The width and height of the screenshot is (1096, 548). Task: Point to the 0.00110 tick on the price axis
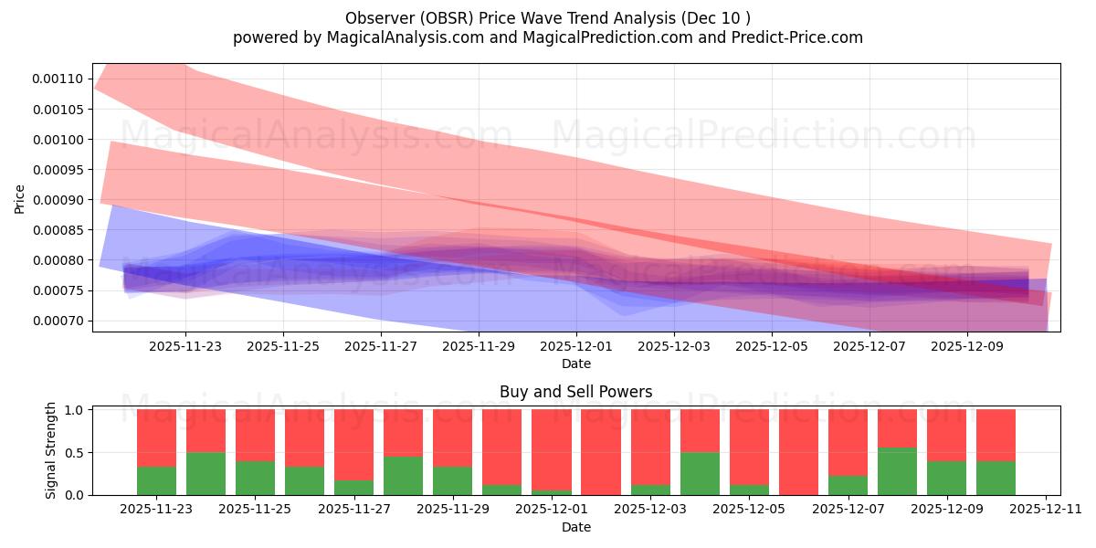click(x=58, y=79)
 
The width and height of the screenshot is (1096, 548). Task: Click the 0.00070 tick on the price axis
click(x=58, y=321)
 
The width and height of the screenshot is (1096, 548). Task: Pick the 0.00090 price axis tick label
click(x=58, y=200)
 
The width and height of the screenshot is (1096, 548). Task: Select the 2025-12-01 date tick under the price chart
click(x=576, y=346)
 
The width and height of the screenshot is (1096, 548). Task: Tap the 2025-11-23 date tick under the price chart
click(x=185, y=346)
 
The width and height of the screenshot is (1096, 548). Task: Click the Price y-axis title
click(x=19, y=198)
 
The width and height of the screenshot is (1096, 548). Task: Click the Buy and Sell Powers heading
click(x=575, y=392)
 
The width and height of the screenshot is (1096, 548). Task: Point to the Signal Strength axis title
click(x=51, y=450)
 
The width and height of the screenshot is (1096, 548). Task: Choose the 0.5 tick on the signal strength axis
click(x=76, y=452)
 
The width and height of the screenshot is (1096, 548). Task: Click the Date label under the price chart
click(x=575, y=364)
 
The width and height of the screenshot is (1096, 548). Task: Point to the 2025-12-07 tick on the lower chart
click(x=848, y=510)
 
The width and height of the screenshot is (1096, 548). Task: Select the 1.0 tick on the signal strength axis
click(x=76, y=410)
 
